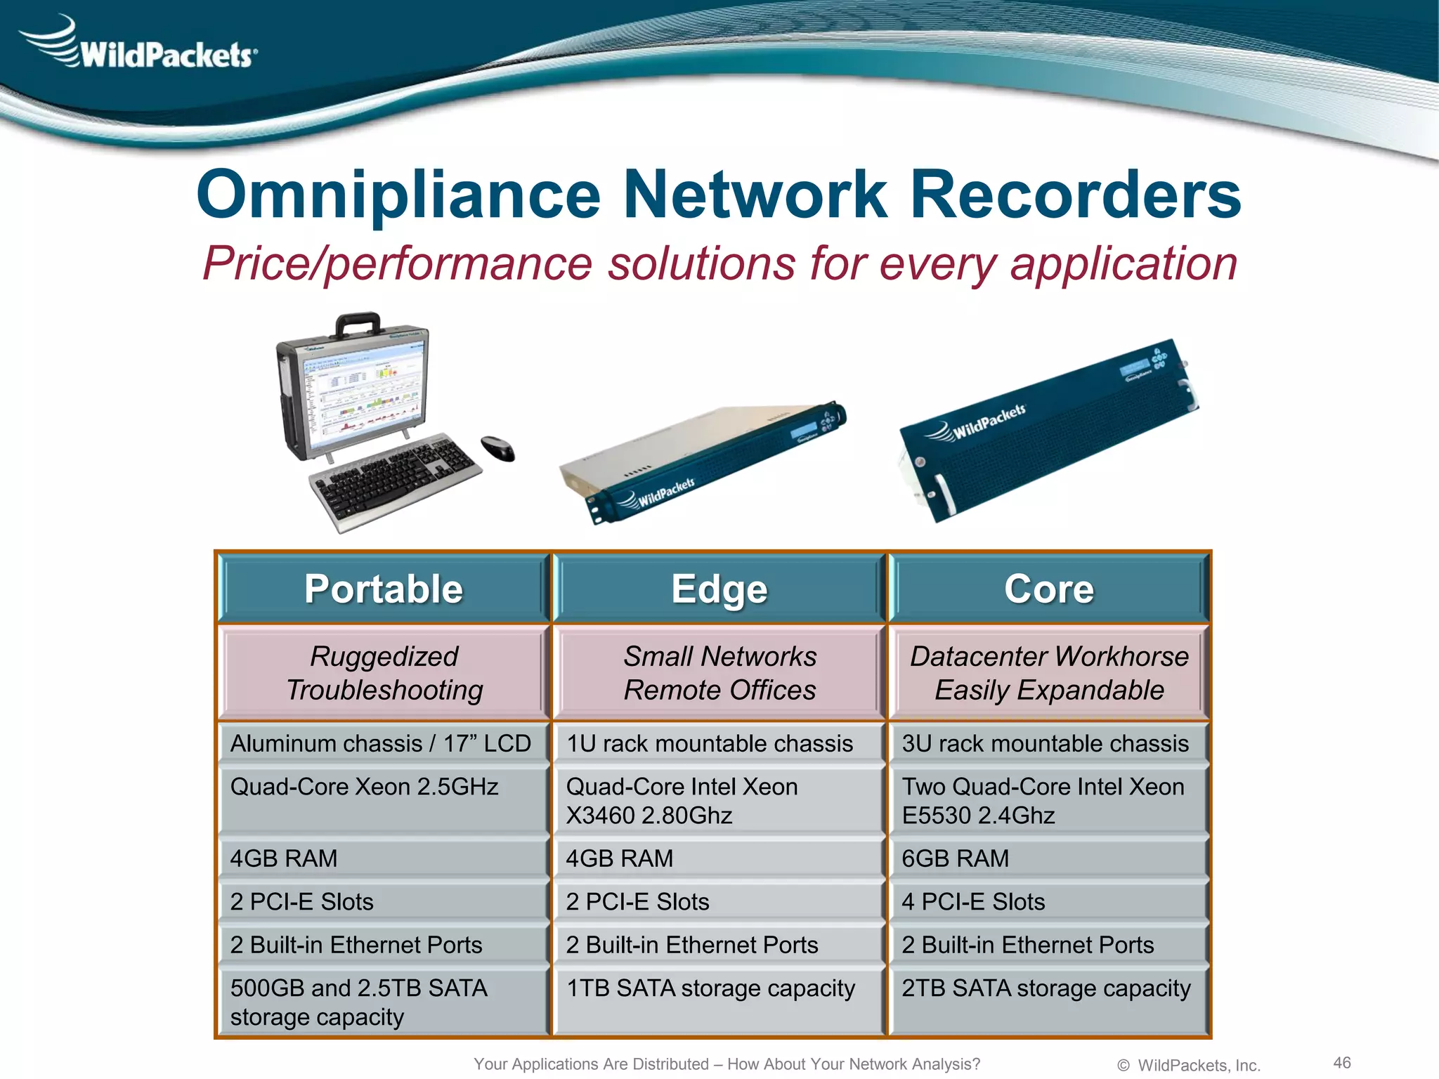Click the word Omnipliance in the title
pyautogui.click(x=398, y=195)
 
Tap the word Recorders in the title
pyautogui.click(x=1075, y=195)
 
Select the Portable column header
pyautogui.click(x=384, y=589)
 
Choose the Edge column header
pyautogui.click(x=719, y=589)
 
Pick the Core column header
pyautogui.click(x=1048, y=589)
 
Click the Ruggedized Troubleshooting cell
pyautogui.click(x=384, y=673)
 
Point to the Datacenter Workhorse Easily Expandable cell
pyautogui.click(x=1048, y=673)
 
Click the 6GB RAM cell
pyautogui.click(x=1048, y=858)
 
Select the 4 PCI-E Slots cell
pyautogui.click(x=1048, y=901)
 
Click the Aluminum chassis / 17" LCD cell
pyautogui.click(x=384, y=743)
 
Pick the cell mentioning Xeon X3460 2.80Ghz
pyautogui.click(x=719, y=801)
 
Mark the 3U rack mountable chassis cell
pyautogui.click(x=1048, y=743)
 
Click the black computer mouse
pyautogui.click(x=497, y=448)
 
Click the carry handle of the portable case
pyautogui.click(x=359, y=325)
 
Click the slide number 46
pyautogui.click(x=1341, y=1062)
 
